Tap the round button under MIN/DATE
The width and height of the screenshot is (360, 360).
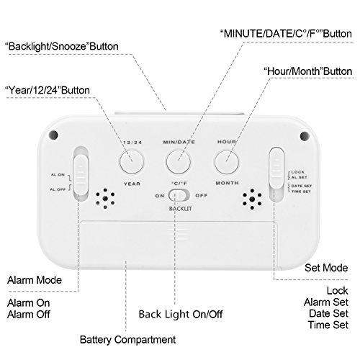179,161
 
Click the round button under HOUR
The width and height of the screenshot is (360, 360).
227,162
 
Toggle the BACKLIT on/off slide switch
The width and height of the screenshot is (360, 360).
179,195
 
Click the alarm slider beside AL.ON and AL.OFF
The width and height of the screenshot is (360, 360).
81,174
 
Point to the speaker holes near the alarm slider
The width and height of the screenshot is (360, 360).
105,198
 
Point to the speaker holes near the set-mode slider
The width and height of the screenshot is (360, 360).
252,199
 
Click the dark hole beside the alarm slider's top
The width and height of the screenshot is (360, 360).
53,135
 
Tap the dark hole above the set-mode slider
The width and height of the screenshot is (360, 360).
305,136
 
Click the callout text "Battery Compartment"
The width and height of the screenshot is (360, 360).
127,340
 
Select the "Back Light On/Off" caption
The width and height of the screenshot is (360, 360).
181,314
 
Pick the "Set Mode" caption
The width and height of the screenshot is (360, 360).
326,268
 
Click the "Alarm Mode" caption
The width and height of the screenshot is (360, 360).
35,280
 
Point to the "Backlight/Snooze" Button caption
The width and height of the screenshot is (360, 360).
62,46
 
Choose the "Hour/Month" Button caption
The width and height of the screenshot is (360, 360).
308,71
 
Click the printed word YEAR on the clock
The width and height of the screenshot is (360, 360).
132,184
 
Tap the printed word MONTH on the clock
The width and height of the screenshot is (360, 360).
227,183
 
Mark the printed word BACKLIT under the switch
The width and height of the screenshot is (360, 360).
180,209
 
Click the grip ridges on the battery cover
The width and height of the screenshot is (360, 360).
179,233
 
